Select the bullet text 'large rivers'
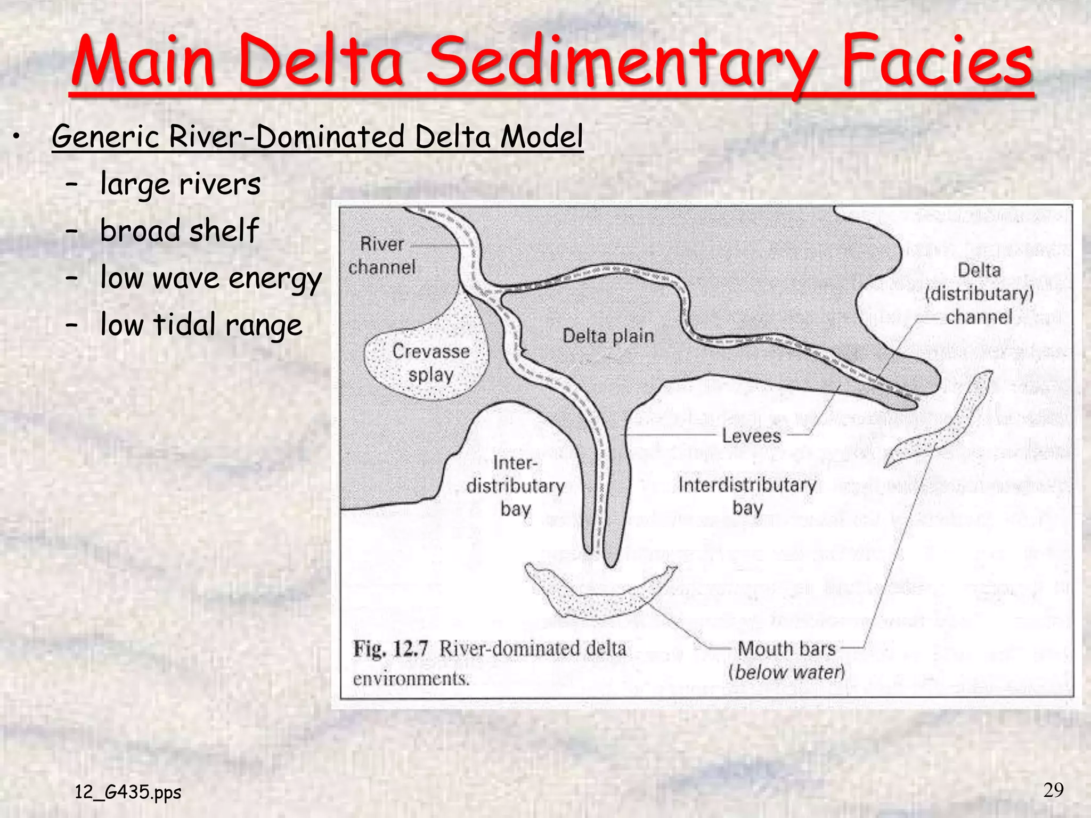(x=180, y=184)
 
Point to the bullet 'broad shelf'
(x=179, y=231)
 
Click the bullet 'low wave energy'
(x=211, y=278)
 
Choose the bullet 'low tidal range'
(x=201, y=325)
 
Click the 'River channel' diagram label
(x=381, y=256)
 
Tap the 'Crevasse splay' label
(x=431, y=363)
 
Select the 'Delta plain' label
(x=608, y=336)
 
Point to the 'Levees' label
(x=751, y=436)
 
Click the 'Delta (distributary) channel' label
(x=979, y=293)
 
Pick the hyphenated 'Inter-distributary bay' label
(x=515, y=486)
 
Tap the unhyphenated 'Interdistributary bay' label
(x=747, y=496)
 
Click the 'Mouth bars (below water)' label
(x=786, y=660)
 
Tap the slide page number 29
(x=1053, y=790)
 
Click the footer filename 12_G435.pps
(x=128, y=792)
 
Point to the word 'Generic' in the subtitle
(x=105, y=136)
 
